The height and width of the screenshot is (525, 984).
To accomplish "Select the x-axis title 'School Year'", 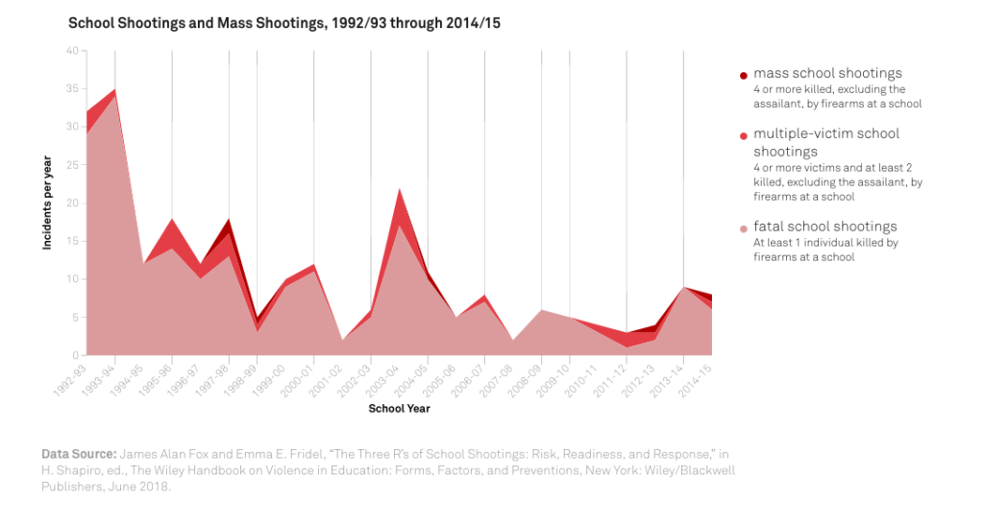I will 399,408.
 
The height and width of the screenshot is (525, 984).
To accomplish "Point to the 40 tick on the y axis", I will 73,50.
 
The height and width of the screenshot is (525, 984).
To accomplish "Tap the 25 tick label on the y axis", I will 73,164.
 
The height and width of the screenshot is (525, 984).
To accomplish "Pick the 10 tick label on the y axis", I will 73,279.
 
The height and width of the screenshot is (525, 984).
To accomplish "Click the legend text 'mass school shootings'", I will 827,73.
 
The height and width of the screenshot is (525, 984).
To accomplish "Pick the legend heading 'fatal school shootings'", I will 824,227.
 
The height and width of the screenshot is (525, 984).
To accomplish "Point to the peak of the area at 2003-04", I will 399,189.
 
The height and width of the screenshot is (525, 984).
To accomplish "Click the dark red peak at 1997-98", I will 229,221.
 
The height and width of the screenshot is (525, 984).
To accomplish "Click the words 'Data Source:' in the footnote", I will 78,453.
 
